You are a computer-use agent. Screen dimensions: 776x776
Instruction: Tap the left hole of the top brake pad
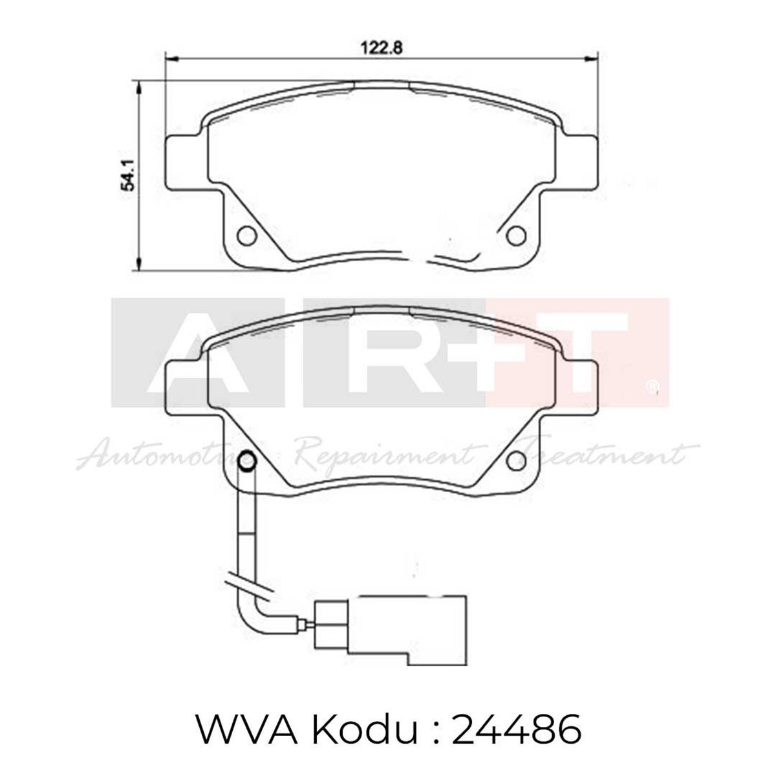[246, 236]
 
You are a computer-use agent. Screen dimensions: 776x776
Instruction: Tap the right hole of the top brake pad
[516, 236]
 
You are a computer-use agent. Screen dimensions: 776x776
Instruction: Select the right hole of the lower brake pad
[516, 460]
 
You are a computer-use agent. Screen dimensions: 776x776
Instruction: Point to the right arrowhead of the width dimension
[589, 59]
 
